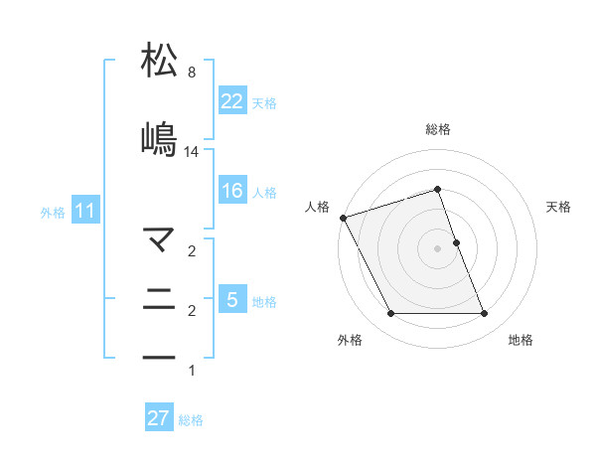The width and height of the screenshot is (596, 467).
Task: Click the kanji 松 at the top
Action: tap(160, 62)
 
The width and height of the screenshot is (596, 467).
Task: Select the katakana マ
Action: tap(160, 238)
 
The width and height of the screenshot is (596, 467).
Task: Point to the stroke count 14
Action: tap(192, 152)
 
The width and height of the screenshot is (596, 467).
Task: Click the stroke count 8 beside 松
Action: tap(191, 73)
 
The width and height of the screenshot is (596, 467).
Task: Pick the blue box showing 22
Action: tap(231, 101)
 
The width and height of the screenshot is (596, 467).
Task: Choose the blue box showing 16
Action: tap(231, 191)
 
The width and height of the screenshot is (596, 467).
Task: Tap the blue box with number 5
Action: tap(231, 300)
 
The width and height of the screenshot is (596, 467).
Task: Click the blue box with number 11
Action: tap(84, 211)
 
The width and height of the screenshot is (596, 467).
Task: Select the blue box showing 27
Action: tap(159, 418)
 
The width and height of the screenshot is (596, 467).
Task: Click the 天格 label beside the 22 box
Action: tap(264, 103)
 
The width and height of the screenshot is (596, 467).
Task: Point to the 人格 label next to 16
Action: tap(264, 193)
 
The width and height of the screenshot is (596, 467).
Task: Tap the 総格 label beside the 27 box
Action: tap(191, 420)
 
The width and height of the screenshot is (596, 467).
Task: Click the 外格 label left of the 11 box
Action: tap(53, 213)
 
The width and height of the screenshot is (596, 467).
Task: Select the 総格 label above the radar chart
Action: tap(438, 129)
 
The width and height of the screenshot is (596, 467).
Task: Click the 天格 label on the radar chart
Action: tap(559, 207)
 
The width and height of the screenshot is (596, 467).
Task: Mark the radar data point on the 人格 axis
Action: tap(343, 218)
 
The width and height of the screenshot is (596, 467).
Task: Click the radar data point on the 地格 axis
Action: tap(485, 314)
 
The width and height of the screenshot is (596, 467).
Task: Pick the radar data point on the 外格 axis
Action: tap(390, 314)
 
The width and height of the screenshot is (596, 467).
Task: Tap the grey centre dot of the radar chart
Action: tap(438, 248)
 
